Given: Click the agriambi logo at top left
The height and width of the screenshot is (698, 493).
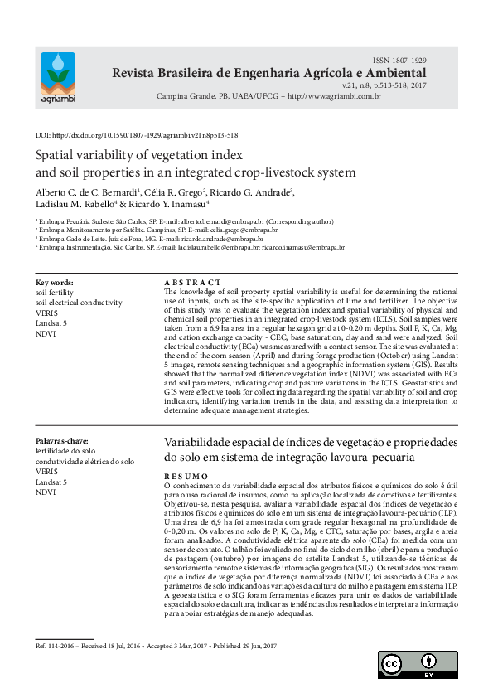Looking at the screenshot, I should [x=56, y=79].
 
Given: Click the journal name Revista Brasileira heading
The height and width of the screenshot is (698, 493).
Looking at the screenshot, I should [x=269, y=74].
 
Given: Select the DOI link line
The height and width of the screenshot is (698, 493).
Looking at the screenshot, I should [x=137, y=134].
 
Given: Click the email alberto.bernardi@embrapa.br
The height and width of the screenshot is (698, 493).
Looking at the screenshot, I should [x=218, y=223].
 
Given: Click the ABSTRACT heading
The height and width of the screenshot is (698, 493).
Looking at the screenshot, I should [x=193, y=283].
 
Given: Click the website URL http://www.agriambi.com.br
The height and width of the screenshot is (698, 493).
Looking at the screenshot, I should [x=331, y=97].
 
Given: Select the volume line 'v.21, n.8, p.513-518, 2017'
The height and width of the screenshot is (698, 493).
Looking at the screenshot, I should [x=384, y=85].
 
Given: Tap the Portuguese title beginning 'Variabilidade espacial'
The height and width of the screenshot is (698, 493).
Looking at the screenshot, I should [x=311, y=443].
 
